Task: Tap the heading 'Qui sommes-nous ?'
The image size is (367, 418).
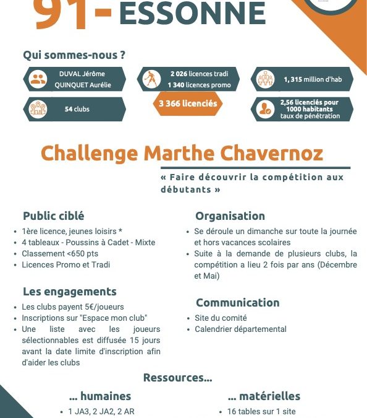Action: (74, 54)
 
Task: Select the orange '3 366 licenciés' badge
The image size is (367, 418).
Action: (188, 103)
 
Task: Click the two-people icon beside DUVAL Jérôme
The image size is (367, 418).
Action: (38, 79)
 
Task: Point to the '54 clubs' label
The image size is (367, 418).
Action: (77, 109)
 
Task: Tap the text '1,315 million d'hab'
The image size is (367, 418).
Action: (311, 79)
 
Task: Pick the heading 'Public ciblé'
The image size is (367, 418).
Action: (54, 216)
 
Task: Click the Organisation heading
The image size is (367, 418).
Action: (230, 216)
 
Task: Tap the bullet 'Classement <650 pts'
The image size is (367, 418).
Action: (60, 253)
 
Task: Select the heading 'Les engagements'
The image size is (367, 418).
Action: (69, 291)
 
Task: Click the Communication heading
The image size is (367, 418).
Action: (237, 303)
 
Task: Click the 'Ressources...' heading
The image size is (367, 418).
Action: (177, 377)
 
